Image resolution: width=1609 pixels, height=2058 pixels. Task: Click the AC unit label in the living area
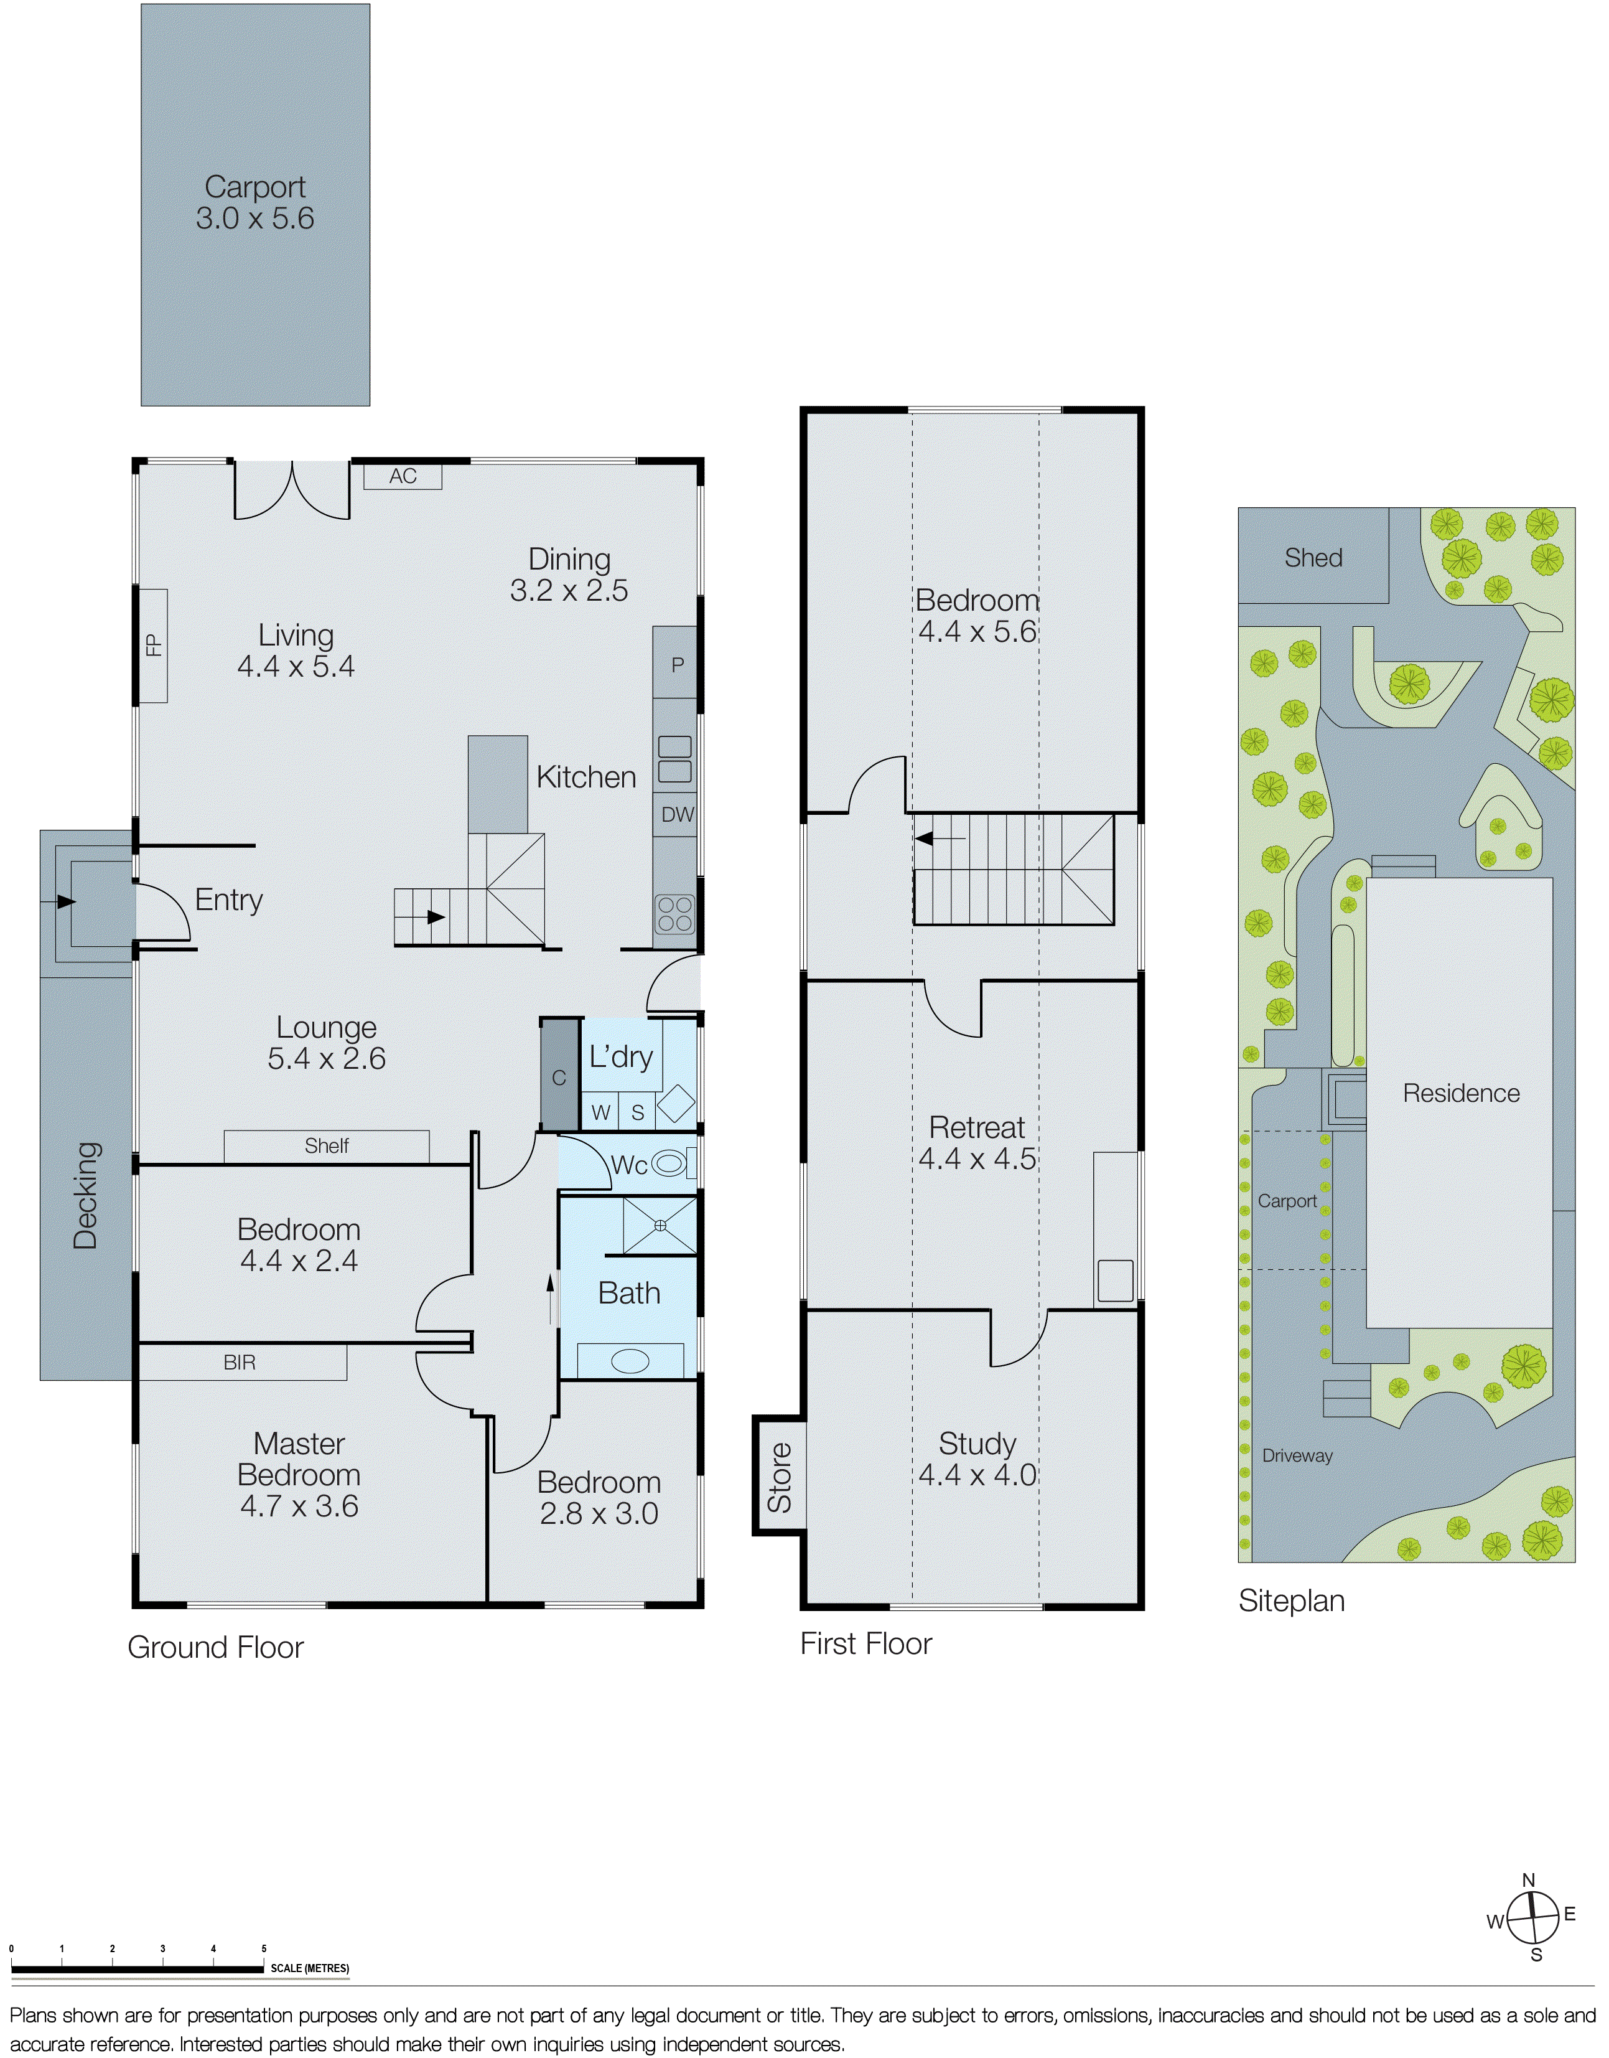(403, 477)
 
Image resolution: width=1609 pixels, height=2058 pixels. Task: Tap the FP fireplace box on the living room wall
(152, 646)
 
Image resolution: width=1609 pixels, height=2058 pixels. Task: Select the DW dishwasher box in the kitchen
(676, 815)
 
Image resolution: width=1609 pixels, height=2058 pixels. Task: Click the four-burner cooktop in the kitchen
(674, 914)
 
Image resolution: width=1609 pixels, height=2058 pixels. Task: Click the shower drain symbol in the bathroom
(660, 1225)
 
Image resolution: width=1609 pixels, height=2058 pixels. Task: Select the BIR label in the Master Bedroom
(240, 1363)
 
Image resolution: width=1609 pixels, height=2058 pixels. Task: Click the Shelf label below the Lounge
(326, 1146)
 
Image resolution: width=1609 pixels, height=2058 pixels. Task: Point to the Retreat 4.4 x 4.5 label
(977, 1142)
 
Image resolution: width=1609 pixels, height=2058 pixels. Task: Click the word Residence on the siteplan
(1461, 1093)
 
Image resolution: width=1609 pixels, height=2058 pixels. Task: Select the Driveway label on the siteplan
(1297, 1456)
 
